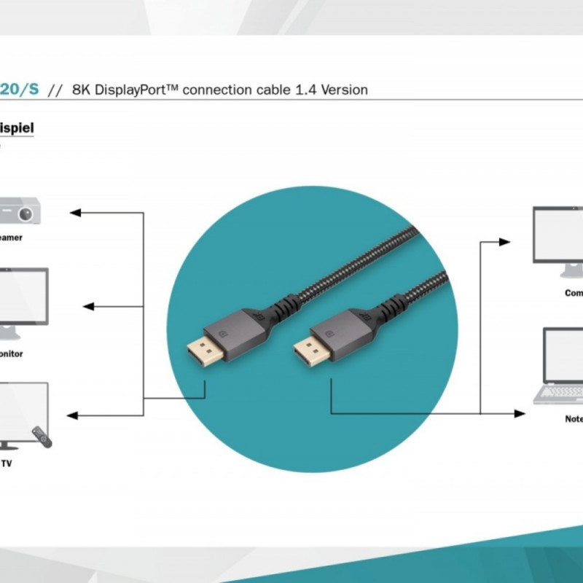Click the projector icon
[20, 211]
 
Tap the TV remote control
[42, 437]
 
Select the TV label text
[7, 463]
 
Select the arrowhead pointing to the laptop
[519, 414]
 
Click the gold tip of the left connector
[197, 353]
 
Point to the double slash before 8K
[54, 90]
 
